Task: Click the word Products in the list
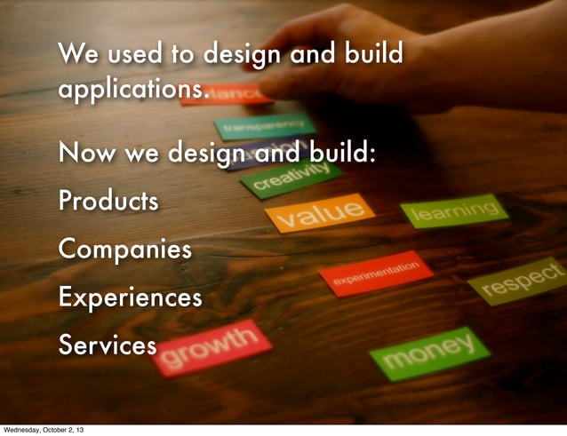[109, 202]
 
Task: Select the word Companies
[124, 249]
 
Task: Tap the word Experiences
[130, 297]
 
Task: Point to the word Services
[107, 345]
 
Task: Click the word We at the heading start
[76, 55]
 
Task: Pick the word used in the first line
[132, 55]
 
